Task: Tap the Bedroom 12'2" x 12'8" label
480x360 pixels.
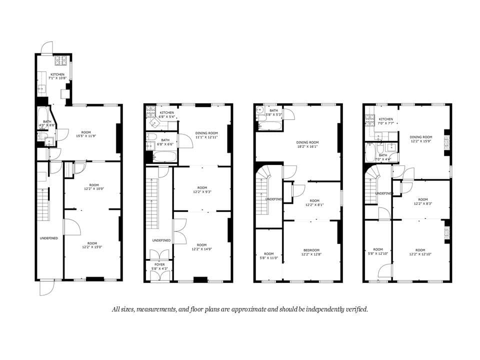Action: tap(311, 252)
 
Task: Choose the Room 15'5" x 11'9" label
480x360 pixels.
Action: tap(88, 133)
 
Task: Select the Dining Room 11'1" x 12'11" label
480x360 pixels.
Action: tap(206, 135)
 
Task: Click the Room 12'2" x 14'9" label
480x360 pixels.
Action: tap(201, 247)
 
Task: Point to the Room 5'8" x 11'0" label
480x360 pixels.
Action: tap(269, 255)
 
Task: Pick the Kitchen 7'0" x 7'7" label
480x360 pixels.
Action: tap(385, 121)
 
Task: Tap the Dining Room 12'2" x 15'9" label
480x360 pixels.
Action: tap(420, 139)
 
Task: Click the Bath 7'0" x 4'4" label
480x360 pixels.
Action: tap(382, 157)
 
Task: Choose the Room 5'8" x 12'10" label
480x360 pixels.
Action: tap(377, 252)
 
